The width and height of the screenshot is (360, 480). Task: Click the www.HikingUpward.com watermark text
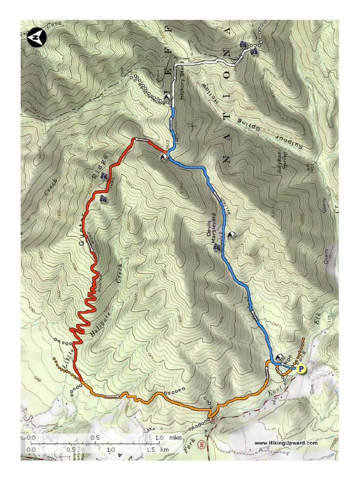pyautogui.click(x=285, y=442)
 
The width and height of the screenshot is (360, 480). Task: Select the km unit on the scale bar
pyautogui.click(x=164, y=449)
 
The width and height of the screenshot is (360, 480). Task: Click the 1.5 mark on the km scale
pyautogui.click(x=151, y=449)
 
